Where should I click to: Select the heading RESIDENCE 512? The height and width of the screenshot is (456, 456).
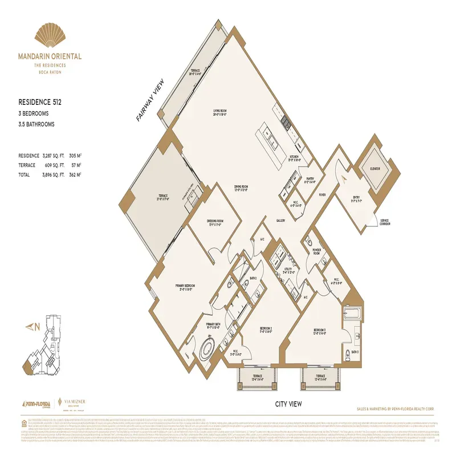(x=40, y=103)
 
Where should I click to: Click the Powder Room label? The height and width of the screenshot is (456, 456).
(x=316, y=251)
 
